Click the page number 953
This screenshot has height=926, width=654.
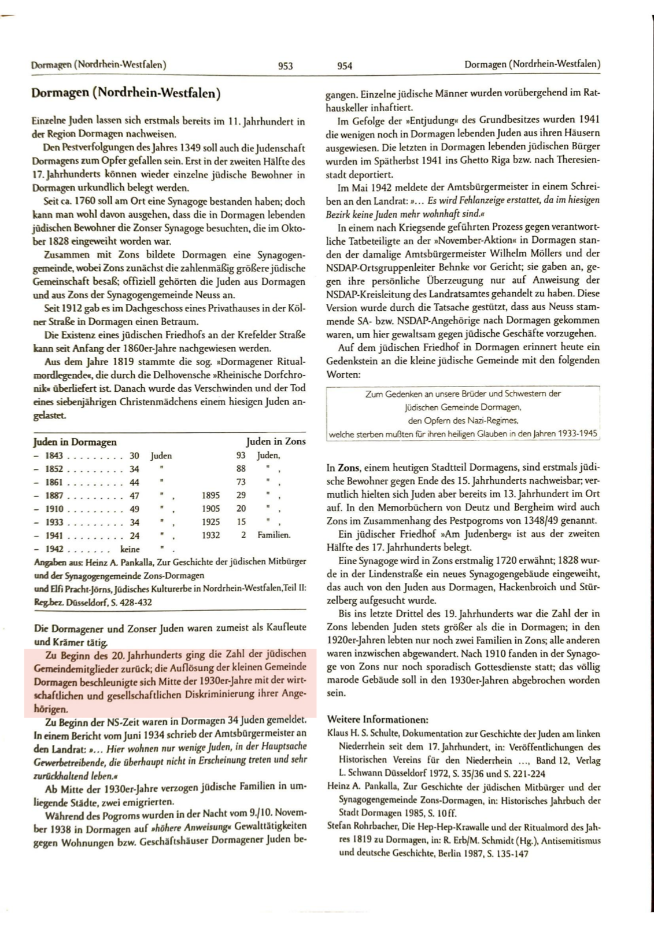pyautogui.click(x=285, y=66)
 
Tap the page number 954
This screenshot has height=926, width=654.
pyautogui.click(x=345, y=66)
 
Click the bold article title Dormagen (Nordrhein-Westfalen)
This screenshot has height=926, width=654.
pyautogui.click(x=125, y=93)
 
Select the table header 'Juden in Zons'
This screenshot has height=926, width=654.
pyautogui.click(x=276, y=442)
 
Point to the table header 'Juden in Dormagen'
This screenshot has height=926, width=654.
pyautogui.click(x=75, y=442)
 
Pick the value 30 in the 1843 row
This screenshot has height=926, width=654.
pyautogui.click(x=134, y=456)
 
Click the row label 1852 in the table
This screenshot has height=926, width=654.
pyautogui.click(x=54, y=469)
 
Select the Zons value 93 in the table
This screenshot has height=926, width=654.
pyautogui.click(x=241, y=456)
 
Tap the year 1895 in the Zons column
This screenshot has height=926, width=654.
pyautogui.click(x=210, y=495)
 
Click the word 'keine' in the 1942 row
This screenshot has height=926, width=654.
pyautogui.click(x=130, y=549)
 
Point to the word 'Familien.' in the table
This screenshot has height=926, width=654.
pyautogui.click(x=274, y=535)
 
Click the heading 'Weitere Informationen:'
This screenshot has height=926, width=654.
pyautogui.click(x=378, y=720)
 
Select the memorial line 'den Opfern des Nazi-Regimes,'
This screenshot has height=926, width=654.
pyautogui.click(x=463, y=421)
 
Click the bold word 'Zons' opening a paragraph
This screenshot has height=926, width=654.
pyautogui.click(x=349, y=468)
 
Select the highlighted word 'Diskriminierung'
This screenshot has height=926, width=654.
pyautogui.click(x=239, y=694)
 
